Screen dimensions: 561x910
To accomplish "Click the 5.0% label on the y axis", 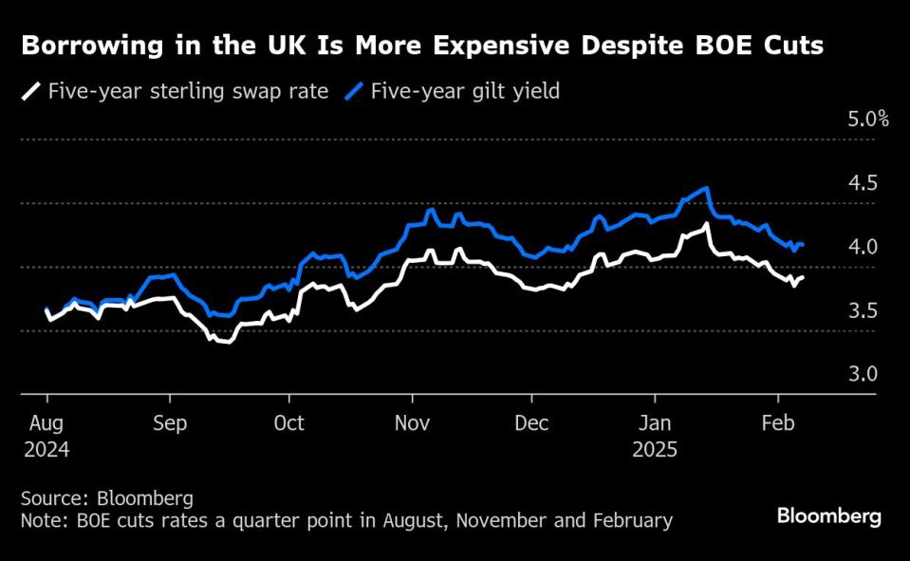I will pos(867,120).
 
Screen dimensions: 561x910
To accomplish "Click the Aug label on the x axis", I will pos(46,422).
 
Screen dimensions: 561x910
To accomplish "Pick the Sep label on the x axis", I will pos(169,422).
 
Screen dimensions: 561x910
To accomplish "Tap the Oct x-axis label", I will pos(289,422).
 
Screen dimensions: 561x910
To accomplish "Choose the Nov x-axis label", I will pos(412,422).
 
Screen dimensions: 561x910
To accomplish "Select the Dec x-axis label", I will pos(531,422).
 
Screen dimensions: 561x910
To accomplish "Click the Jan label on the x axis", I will pos(655,422).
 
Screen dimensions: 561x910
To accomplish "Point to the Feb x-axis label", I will pos(778,422).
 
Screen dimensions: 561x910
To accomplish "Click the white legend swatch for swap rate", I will pos(31,92).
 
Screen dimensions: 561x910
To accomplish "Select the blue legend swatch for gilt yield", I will pos(355,92).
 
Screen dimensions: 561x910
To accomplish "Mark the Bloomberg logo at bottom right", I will pos(828,516).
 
